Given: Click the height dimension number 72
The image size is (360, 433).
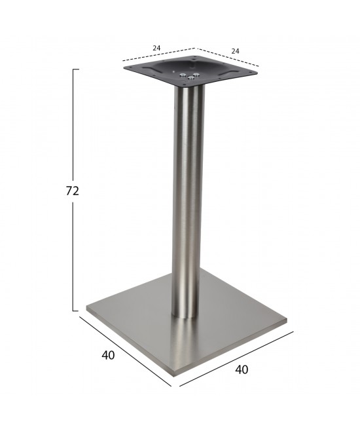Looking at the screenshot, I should point(73,191).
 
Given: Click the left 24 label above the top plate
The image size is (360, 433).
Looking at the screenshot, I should point(156,48).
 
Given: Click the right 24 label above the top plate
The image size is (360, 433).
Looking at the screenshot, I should point(234,50).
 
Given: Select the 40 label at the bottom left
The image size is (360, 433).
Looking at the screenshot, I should point(109,356).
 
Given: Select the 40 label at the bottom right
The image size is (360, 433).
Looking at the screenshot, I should point(242,369).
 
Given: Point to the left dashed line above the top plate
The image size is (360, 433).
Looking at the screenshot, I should point(159,56).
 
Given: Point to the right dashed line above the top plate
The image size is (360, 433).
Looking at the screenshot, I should point(228,57).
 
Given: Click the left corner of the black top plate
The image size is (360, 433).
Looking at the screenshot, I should point(123,66).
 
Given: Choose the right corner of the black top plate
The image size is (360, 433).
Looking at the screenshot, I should point(257,71).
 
